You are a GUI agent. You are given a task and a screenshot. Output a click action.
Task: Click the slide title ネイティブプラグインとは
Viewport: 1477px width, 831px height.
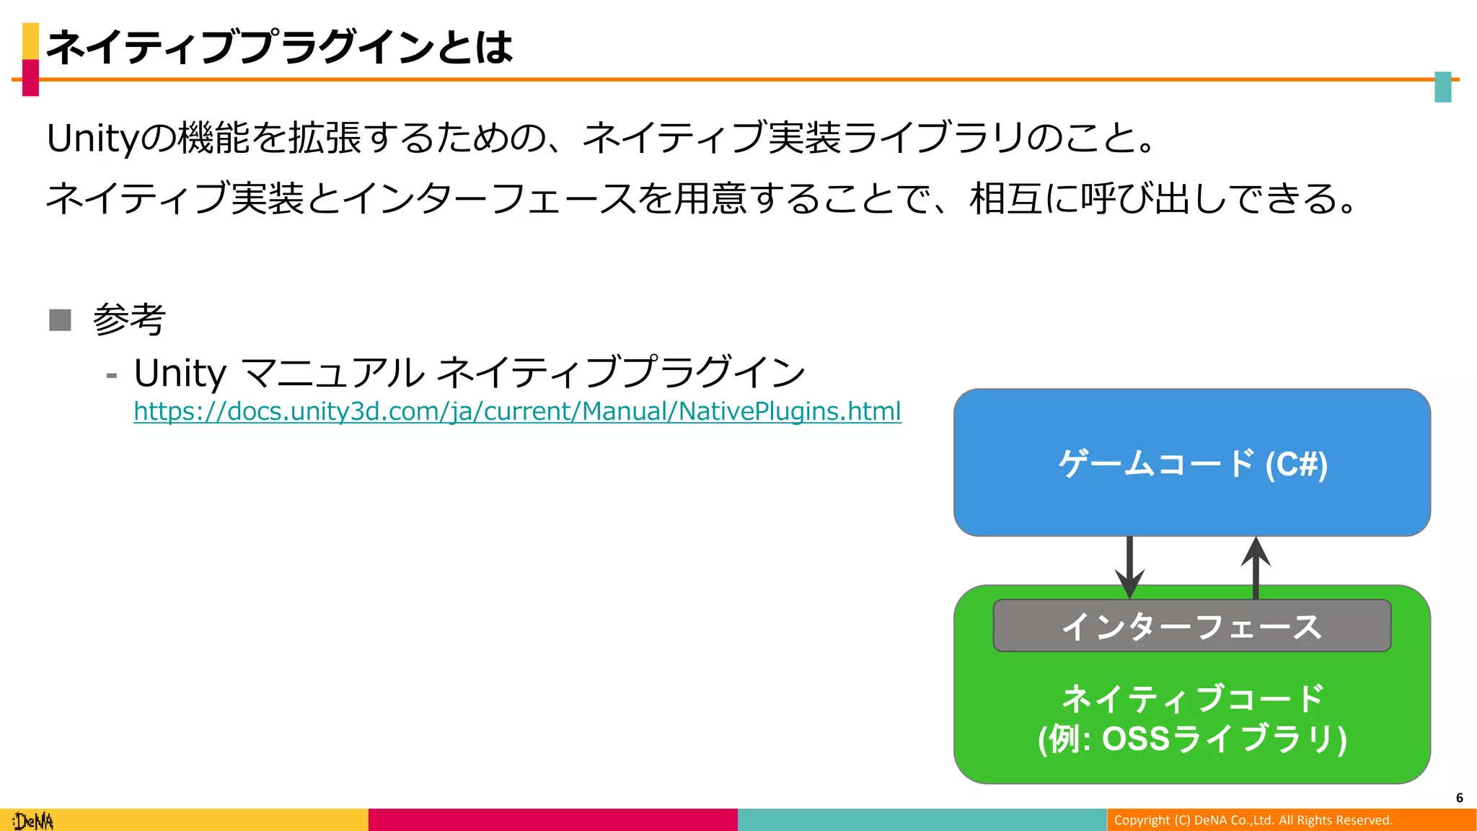point(279,48)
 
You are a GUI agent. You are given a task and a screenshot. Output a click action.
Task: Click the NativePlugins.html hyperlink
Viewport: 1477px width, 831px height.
point(517,411)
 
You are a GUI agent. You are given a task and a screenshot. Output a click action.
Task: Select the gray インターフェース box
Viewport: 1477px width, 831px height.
point(1191,625)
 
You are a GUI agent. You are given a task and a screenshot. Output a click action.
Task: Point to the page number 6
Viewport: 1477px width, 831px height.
point(1459,798)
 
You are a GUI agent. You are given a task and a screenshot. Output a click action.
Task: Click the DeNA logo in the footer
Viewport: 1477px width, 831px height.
point(33,821)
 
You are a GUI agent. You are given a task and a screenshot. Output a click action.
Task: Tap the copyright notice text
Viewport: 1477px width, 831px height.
point(1253,820)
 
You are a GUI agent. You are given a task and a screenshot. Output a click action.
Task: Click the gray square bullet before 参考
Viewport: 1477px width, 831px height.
point(61,320)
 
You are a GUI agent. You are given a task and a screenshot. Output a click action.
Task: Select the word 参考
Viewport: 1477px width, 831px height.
point(130,320)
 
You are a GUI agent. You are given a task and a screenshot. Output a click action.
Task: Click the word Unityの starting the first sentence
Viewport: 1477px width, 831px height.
point(111,138)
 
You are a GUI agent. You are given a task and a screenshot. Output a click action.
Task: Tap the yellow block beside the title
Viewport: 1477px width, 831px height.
point(30,40)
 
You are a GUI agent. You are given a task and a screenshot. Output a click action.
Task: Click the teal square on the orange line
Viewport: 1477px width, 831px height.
point(1442,87)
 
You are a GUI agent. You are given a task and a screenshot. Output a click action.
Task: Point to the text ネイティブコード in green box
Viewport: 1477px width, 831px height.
point(1191,698)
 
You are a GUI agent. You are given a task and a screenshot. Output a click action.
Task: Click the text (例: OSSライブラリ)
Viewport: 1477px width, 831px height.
point(1191,739)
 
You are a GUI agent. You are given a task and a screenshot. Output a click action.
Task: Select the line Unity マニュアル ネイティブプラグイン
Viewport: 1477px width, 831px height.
point(469,373)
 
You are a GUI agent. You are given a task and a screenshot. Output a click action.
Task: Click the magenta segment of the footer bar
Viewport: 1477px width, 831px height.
point(552,820)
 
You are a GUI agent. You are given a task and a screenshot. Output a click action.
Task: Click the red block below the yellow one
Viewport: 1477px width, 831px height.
point(30,78)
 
